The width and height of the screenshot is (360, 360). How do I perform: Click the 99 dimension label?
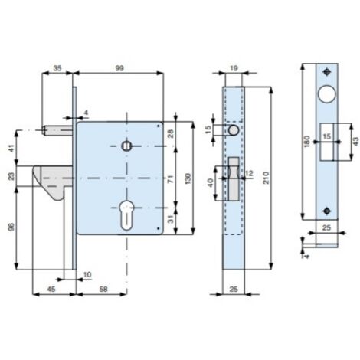(119, 68)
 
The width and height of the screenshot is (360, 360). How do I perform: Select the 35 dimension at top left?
(57, 68)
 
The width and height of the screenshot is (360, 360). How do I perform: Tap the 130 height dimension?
(188, 178)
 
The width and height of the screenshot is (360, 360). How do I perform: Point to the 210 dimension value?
(266, 178)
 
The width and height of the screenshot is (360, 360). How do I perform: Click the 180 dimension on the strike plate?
(307, 141)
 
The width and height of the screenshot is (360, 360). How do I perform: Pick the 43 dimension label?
(355, 141)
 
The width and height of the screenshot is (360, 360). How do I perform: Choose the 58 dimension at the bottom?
(103, 289)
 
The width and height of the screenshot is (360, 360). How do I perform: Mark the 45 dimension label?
(51, 289)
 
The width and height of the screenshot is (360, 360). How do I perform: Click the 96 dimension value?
(11, 227)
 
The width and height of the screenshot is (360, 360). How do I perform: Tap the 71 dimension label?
(171, 178)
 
